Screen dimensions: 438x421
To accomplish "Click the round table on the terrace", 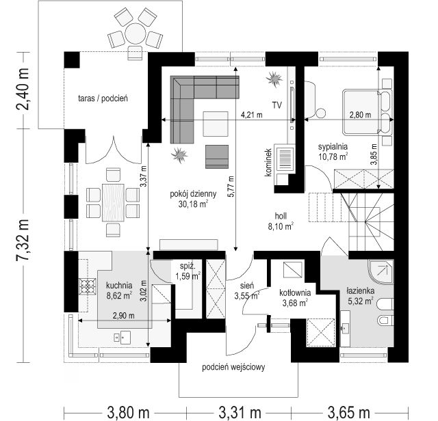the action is pos(136,33).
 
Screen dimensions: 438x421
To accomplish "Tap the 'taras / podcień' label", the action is pos(103,98).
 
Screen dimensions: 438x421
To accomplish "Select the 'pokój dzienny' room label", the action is pos(193,194).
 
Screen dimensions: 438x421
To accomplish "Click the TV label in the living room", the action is pos(277,105).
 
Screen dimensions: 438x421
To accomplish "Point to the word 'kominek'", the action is pos(268,162).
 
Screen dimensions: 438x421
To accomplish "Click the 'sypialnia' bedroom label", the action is pos(333,146).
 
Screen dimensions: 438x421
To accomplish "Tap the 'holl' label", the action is pos(281,216).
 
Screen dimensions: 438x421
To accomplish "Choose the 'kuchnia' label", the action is pos(119,286).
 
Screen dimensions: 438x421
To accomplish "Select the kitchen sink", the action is pos(122,338).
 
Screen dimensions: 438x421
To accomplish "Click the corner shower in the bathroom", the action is pos(381,272).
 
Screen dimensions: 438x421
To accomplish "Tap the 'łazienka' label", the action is pos(361,291).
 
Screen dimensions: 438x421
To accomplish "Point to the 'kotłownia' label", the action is pos(295,293).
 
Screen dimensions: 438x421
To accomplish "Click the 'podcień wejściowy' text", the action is pos(233,367).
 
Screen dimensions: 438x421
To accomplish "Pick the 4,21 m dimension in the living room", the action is pos(252,115).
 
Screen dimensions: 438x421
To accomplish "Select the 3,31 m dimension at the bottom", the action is pos(240,412).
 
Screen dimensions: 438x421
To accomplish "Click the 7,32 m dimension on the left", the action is pos(23,240).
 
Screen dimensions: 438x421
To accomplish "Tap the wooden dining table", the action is pos(113,202).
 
